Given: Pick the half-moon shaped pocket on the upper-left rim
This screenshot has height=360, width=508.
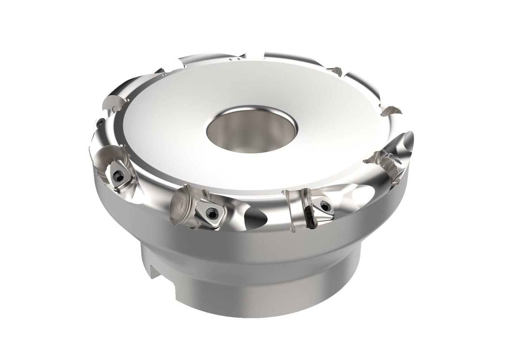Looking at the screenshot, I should (116, 102).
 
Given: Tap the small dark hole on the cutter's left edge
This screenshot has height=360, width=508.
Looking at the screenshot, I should (100, 122).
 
